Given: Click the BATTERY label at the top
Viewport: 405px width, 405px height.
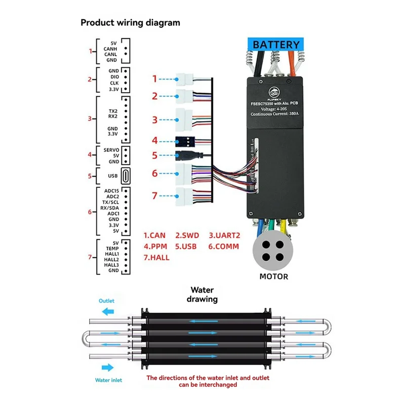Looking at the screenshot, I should pyautogui.click(x=276, y=45).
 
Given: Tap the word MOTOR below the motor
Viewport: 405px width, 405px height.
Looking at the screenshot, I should pyautogui.click(x=273, y=276).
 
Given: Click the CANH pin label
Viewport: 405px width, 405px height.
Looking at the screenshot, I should pyautogui.click(x=110, y=49).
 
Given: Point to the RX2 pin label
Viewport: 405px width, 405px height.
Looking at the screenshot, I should pyautogui.click(x=112, y=116).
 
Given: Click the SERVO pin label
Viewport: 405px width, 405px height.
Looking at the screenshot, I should pyautogui.click(x=111, y=150).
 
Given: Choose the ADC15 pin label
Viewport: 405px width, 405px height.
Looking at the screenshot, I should pyautogui.click(x=111, y=191).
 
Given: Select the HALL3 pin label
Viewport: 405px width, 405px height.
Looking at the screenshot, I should pyautogui.click(x=111, y=264).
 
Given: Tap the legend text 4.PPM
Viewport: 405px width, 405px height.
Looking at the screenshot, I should pyautogui.click(x=156, y=247).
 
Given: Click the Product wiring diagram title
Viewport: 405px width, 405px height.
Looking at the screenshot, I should pyautogui.click(x=130, y=23).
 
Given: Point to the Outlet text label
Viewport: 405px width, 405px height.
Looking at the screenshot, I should pyautogui.click(x=106, y=301).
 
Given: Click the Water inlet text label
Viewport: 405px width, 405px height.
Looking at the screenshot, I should pyautogui.click(x=108, y=380).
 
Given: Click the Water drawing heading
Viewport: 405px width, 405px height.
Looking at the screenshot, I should pyautogui.click(x=204, y=295).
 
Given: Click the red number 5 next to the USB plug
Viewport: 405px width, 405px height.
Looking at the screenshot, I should pyautogui.click(x=155, y=155).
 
